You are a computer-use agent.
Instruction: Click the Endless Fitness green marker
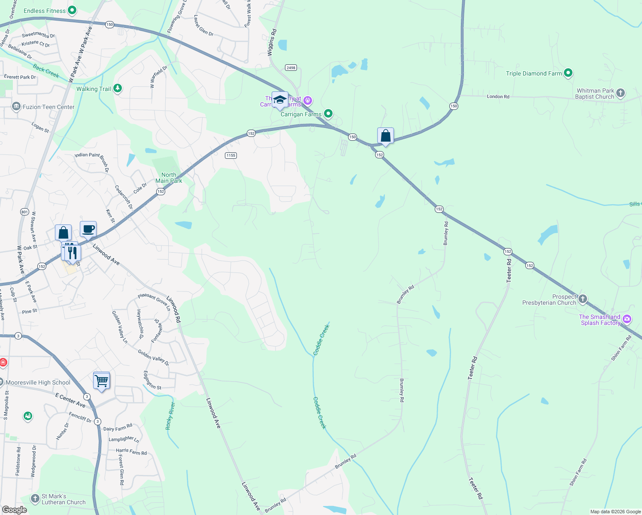coord(72,10)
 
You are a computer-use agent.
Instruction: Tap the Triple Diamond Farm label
coord(533,73)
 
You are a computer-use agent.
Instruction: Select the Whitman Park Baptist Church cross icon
coord(621,93)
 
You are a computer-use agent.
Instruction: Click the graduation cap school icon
coord(280,100)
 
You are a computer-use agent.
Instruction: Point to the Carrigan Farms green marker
coord(328,114)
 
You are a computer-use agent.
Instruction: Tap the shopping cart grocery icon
coord(101,380)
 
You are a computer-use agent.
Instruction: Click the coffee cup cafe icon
coord(88,229)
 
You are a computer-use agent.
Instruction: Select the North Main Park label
coord(169,178)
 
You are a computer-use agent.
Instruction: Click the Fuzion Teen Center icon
coord(16,106)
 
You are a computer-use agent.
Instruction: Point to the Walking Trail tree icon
coord(117,88)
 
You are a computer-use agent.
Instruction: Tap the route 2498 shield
coord(291,68)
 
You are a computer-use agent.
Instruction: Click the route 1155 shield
coord(231,155)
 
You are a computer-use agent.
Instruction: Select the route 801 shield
coord(24,212)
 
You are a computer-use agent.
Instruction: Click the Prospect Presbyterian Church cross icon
coord(582,299)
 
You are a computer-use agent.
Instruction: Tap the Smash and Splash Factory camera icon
coord(627,319)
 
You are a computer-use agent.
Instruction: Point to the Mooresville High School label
coord(38,382)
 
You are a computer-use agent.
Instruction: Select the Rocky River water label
coord(170,416)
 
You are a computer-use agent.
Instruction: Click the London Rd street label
coord(498,97)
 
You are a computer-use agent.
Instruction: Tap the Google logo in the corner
coord(15,509)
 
